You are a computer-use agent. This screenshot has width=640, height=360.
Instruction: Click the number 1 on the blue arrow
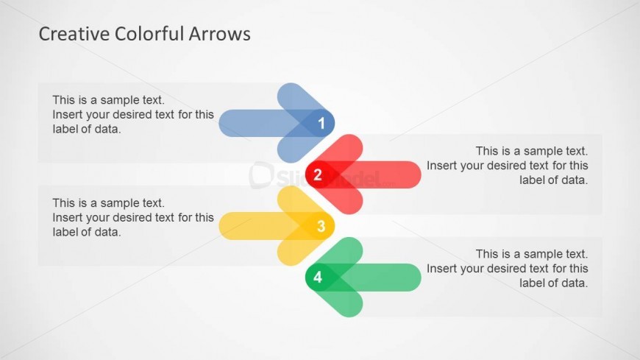321,123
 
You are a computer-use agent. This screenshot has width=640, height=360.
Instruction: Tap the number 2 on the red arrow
318,175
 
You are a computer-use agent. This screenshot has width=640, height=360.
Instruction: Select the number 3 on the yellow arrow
321,226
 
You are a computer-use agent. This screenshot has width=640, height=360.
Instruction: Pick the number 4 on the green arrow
318,278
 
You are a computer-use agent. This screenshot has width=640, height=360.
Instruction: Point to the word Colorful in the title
149,34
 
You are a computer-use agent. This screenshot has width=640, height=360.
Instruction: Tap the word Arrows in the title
220,34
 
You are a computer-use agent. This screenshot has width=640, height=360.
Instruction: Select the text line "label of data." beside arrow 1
87,129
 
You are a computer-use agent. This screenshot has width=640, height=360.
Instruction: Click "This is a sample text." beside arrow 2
532,151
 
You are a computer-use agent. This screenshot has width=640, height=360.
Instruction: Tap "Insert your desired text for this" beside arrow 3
133,217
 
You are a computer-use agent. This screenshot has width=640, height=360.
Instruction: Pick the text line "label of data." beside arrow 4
553,283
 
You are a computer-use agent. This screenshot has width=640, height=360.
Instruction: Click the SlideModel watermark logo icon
260,175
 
